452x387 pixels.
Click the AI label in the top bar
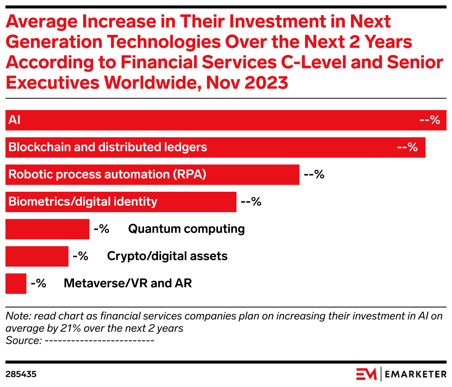click(14, 120)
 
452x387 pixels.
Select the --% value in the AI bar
click(430, 120)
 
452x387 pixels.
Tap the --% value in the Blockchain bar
click(408, 147)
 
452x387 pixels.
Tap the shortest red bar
click(16, 284)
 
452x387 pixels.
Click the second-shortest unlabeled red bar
click(37, 256)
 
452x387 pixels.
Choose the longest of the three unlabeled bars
click(47, 229)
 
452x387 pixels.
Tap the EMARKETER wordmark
click(416, 374)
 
